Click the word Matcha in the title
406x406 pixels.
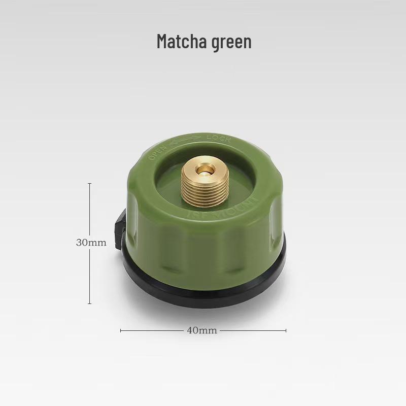click(x=179, y=42)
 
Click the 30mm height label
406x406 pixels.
click(x=91, y=243)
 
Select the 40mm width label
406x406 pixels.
click(x=202, y=330)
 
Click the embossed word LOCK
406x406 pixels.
click(x=219, y=138)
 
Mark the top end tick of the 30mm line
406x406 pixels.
click(x=90, y=183)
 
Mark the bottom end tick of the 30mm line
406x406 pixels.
click(x=90, y=303)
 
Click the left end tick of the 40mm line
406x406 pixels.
click(x=121, y=330)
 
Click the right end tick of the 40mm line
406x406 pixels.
click(x=286, y=330)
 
